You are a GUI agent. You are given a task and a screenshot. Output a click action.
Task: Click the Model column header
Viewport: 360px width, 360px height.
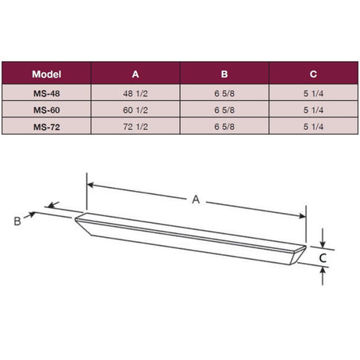click(x=47, y=74)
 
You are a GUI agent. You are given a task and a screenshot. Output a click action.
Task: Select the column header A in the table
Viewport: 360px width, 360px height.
click(x=135, y=74)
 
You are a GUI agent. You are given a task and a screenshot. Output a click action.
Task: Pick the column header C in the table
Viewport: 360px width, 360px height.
click(x=313, y=74)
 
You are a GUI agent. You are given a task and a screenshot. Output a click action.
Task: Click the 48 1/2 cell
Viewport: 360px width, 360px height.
click(x=135, y=92)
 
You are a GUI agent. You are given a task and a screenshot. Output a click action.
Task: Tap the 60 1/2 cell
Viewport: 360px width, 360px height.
click(x=135, y=110)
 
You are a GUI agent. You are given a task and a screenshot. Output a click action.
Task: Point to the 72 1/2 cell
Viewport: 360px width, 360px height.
click(x=135, y=127)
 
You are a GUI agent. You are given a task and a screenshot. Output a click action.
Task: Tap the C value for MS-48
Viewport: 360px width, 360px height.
click(x=313, y=92)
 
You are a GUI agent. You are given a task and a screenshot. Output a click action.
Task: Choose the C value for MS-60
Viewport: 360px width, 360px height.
click(x=313, y=110)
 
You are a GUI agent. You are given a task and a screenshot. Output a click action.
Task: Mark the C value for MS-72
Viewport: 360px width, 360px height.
click(x=313, y=127)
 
